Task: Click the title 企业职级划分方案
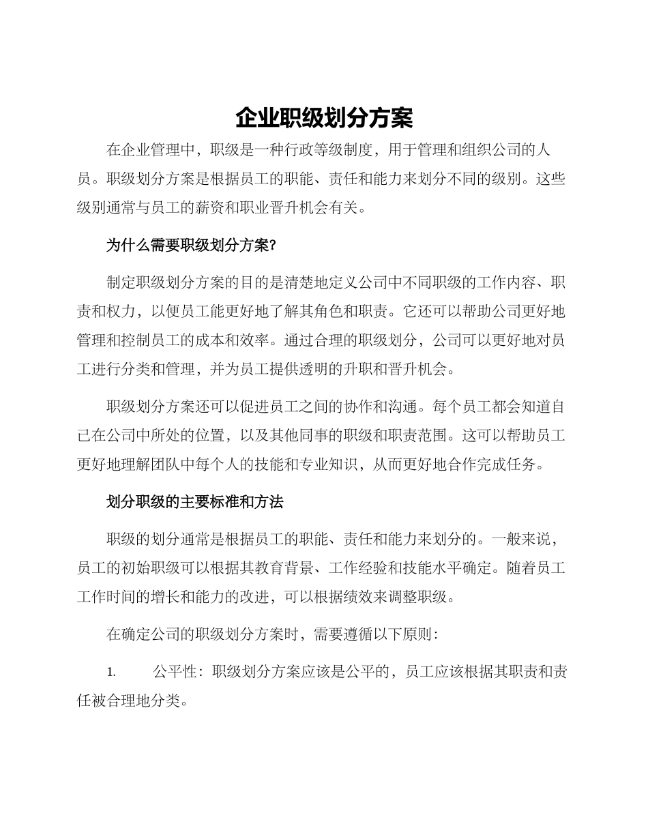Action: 324,118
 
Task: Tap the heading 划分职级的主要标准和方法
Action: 194,502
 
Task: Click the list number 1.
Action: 111,673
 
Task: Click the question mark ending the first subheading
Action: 271,247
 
